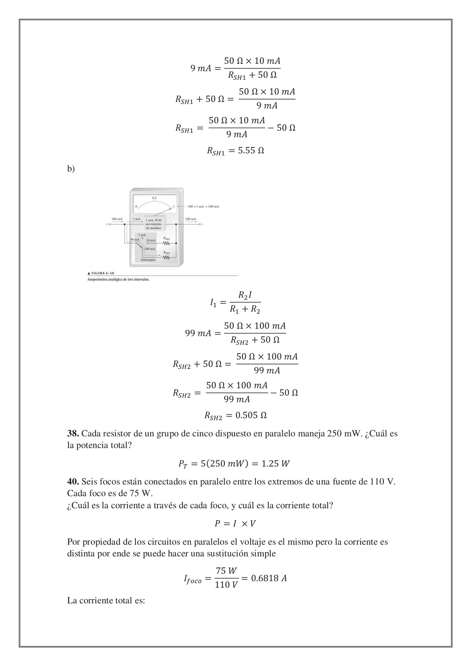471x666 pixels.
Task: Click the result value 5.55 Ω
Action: (251, 151)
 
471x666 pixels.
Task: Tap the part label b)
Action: (71, 169)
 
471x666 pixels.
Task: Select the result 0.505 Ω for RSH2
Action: (251, 415)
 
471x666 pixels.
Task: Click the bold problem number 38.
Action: (73, 433)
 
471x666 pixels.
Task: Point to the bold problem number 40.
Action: (73, 481)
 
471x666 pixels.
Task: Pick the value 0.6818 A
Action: (269, 578)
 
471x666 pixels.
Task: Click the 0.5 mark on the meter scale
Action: (154, 198)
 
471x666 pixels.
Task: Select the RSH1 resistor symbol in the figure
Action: (167, 243)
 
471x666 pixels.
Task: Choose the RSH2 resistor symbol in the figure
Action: (167, 257)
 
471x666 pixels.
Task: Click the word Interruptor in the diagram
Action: (148, 260)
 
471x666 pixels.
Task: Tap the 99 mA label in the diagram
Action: (135, 239)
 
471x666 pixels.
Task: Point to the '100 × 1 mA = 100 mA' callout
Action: (203, 206)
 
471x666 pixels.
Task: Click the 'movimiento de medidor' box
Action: (154, 224)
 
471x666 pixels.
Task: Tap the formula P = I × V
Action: (235, 524)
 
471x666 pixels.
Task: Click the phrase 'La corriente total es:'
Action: (106, 601)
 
